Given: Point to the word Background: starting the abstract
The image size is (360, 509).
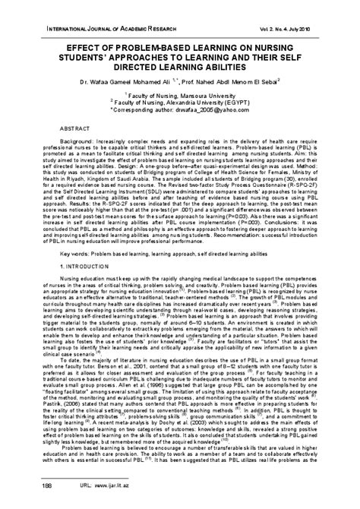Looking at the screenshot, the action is point(69,141).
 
